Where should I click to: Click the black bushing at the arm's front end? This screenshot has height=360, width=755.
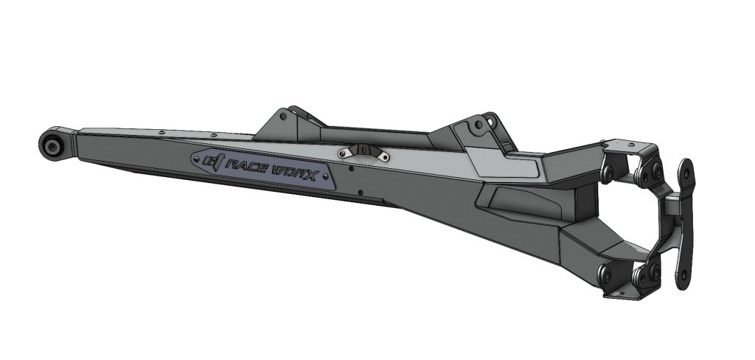[x=54, y=145]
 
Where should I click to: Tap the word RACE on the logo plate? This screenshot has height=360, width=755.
[x=248, y=166]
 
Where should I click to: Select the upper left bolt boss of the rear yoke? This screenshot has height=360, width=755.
[x=608, y=173]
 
